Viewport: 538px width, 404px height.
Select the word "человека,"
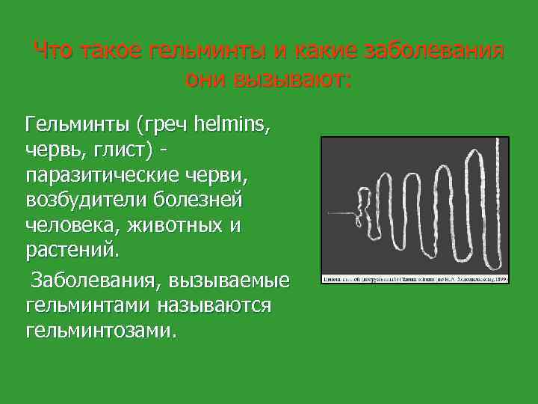pyautogui.click(x=72, y=225)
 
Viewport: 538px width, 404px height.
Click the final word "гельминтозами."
pyautogui.click(x=102, y=331)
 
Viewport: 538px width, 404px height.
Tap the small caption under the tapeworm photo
pyautogui.click(x=415, y=278)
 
